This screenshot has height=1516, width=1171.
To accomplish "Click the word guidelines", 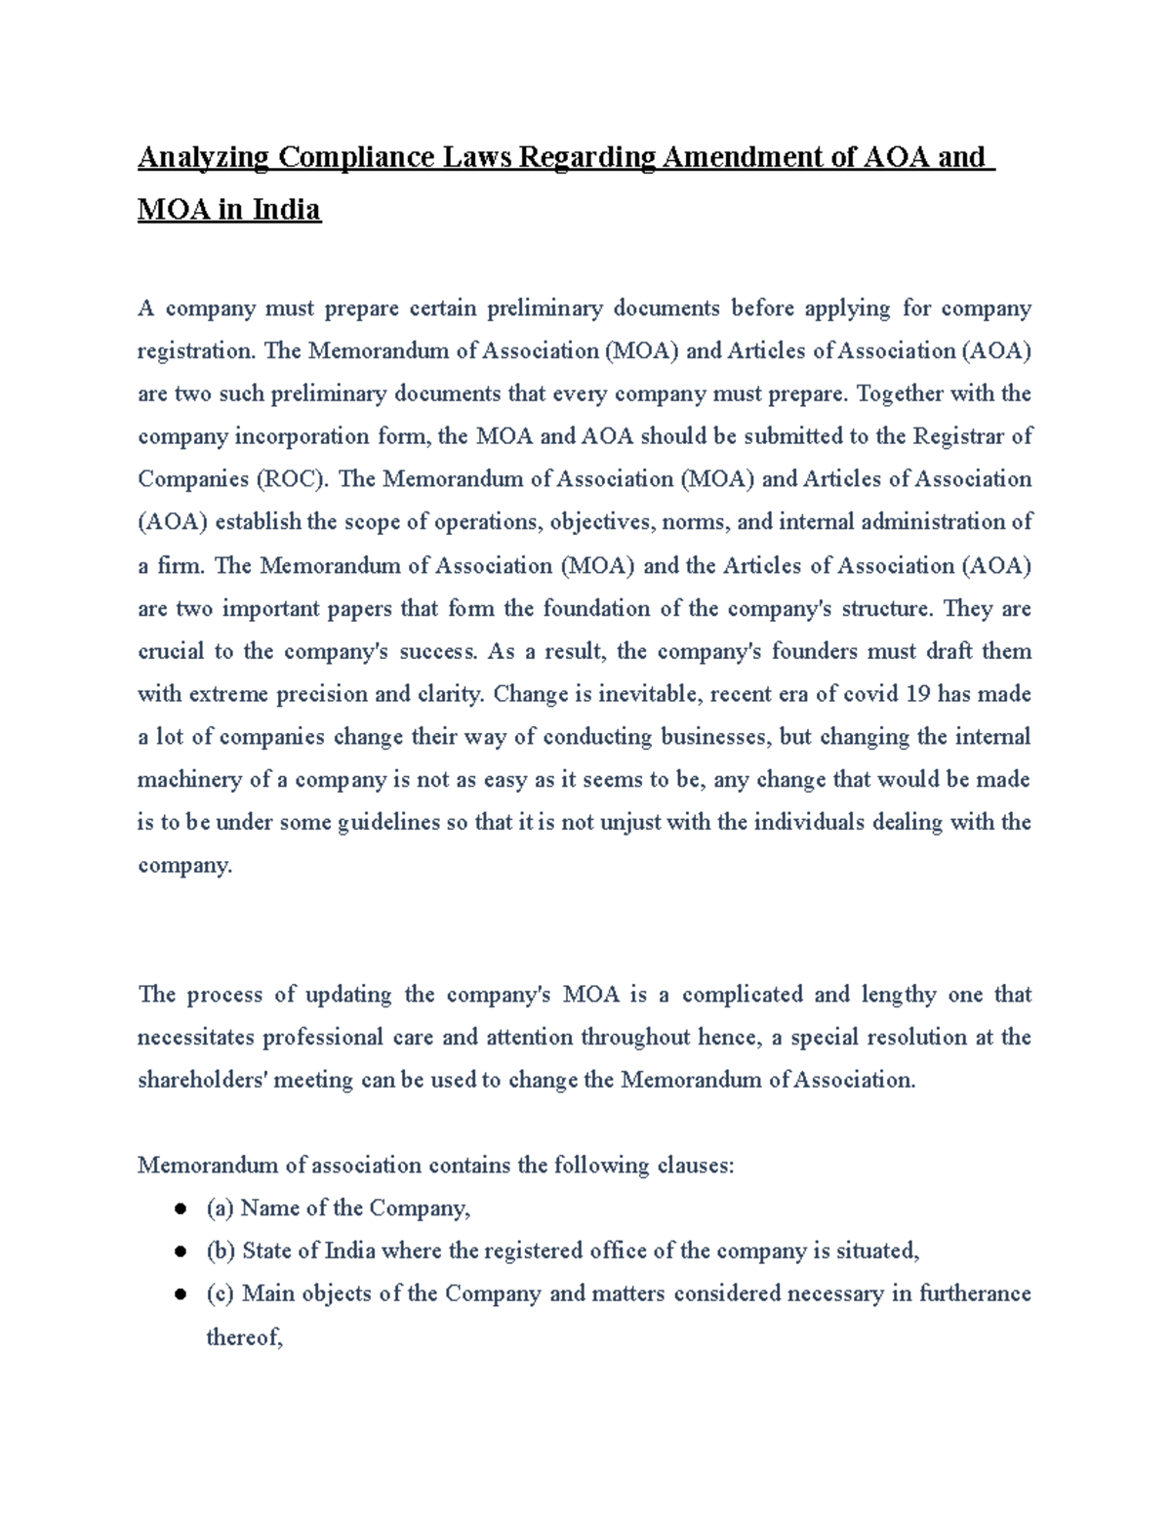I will [x=388, y=823].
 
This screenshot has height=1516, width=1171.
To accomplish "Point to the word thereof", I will [x=243, y=1338].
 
